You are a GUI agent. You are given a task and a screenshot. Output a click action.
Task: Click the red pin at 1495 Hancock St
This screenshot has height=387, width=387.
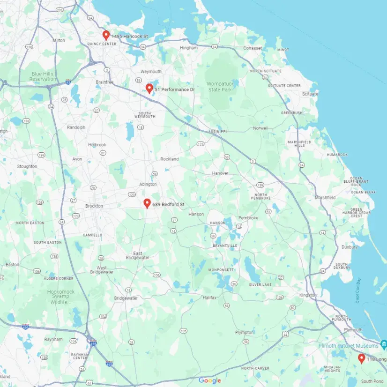coord(106,35)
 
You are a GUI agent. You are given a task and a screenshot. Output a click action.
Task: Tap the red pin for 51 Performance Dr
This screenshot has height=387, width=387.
coord(149,88)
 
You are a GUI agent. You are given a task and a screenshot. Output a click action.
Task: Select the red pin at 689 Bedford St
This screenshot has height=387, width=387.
coord(147,203)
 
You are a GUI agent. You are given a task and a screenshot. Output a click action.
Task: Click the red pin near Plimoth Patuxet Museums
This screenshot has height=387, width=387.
coord(361,358)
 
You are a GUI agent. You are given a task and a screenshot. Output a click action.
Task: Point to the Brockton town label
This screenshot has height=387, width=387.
coord(94,206)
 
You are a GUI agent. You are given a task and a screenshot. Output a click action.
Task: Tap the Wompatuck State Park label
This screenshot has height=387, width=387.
coord(220,86)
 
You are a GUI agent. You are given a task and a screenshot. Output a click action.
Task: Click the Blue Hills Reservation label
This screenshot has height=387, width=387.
coord(42,76)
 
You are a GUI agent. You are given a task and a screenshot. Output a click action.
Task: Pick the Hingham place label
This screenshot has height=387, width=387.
coord(188,48)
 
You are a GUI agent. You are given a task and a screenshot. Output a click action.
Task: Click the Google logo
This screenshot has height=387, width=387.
coord(209,380)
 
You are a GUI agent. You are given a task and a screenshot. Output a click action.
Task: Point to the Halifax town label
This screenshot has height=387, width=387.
coord(209,298)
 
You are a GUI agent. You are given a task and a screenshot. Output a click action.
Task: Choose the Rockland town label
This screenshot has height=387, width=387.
coord(170,159)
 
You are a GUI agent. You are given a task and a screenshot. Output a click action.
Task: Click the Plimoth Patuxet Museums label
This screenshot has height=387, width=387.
coord(347,346)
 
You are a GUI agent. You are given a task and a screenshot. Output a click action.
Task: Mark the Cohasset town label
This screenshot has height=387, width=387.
coord(253,48)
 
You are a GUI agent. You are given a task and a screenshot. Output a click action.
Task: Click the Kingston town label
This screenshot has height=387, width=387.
coord(308,296)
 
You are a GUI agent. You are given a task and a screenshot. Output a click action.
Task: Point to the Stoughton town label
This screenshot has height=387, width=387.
coord(27,166)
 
